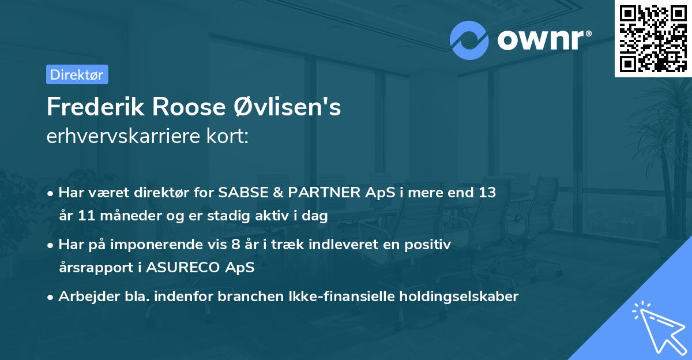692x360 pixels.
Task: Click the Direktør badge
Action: pyautogui.click(x=77, y=74)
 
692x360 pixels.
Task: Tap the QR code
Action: pyautogui.click(x=653, y=38)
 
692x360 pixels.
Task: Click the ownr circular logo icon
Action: pyautogui.click(x=469, y=40)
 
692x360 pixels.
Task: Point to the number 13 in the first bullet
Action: pyautogui.click(x=483, y=192)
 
